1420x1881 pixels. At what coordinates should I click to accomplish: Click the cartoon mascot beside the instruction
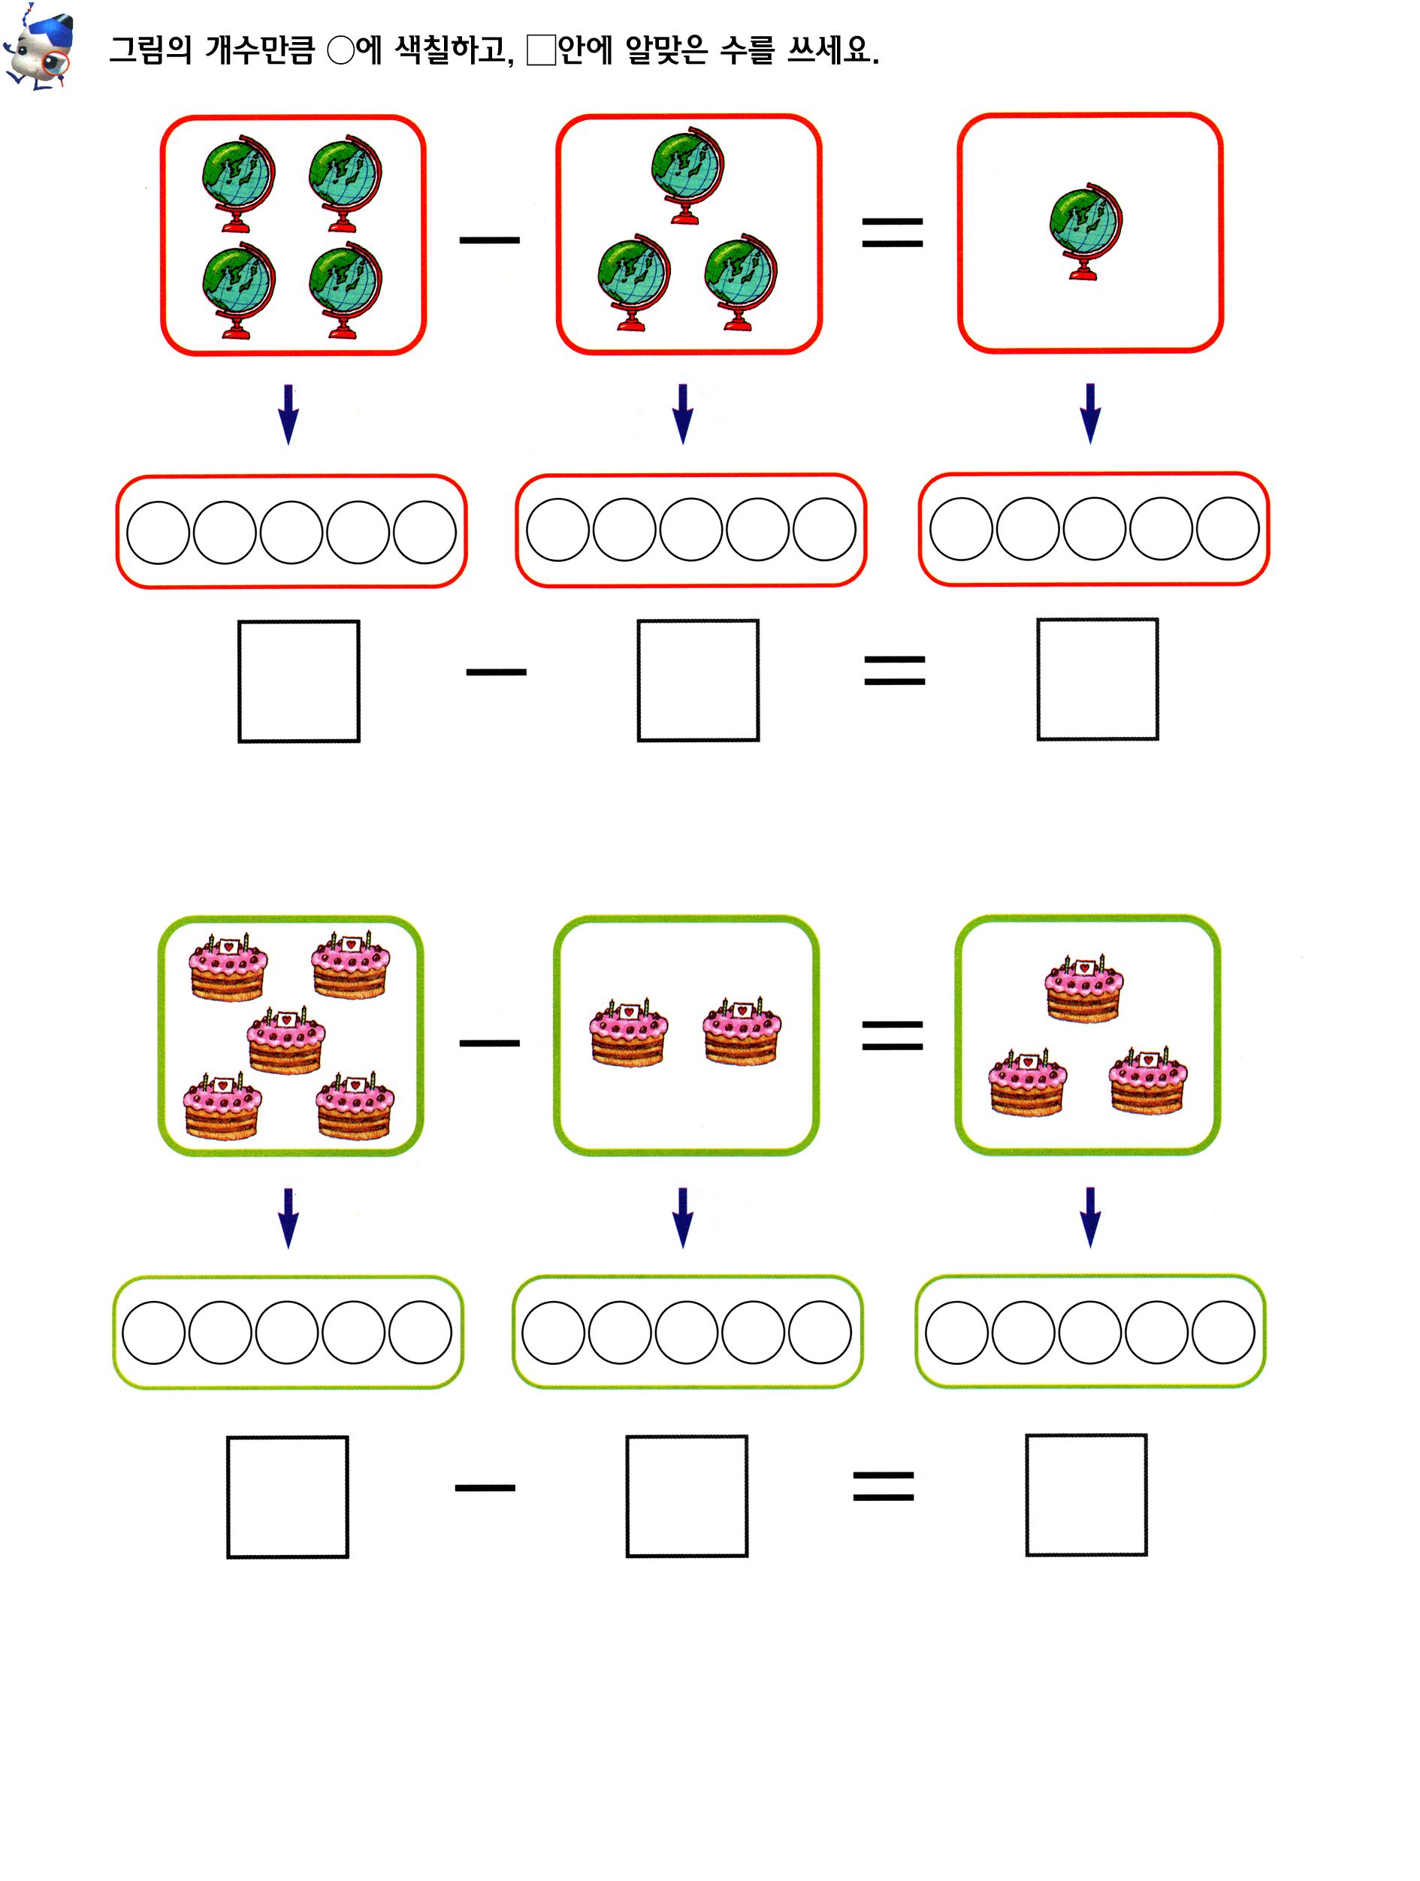(38, 47)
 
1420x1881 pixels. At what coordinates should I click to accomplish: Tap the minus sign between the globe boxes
(489, 240)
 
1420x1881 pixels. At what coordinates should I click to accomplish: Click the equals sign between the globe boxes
(892, 232)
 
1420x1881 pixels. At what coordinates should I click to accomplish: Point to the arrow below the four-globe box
(289, 414)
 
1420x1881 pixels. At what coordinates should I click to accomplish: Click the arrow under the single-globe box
(1090, 413)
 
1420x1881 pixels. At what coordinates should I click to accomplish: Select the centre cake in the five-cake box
(286, 1041)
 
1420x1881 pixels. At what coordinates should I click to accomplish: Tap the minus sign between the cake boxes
(489, 1043)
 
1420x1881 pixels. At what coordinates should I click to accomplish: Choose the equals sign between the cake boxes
(892, 1035)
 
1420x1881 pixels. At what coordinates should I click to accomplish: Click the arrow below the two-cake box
(683, 1218)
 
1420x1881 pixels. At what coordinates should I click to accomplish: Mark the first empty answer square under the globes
(298, 681)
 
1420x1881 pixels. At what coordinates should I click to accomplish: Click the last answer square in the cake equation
(1086, 1495)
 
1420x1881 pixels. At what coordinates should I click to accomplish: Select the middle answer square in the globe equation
(698, 681)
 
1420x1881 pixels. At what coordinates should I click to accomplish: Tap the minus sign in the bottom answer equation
(485, 1488)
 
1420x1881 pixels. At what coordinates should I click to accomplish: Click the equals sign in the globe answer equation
(895, 670)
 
